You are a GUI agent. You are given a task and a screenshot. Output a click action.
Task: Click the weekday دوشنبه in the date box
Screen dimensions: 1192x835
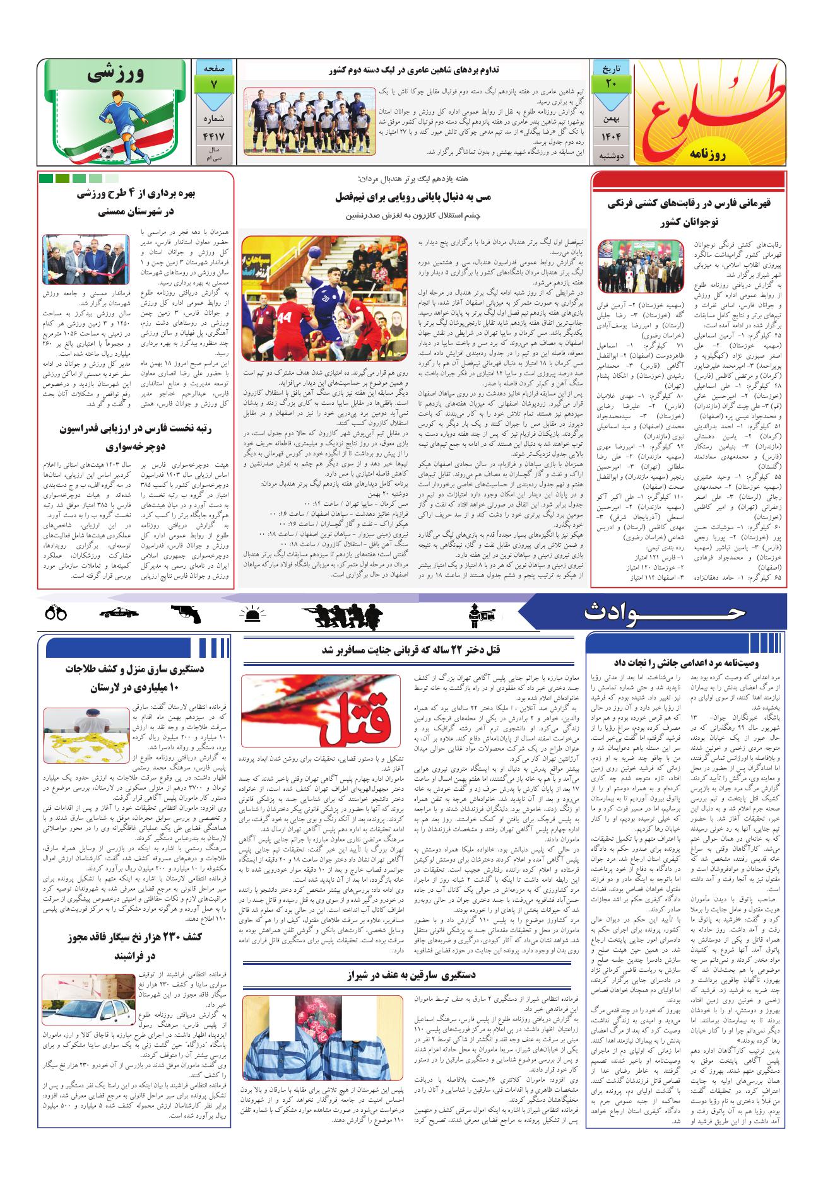click(610, 155)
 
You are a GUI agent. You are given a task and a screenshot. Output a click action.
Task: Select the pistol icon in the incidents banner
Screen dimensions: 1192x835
click(186, 613)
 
